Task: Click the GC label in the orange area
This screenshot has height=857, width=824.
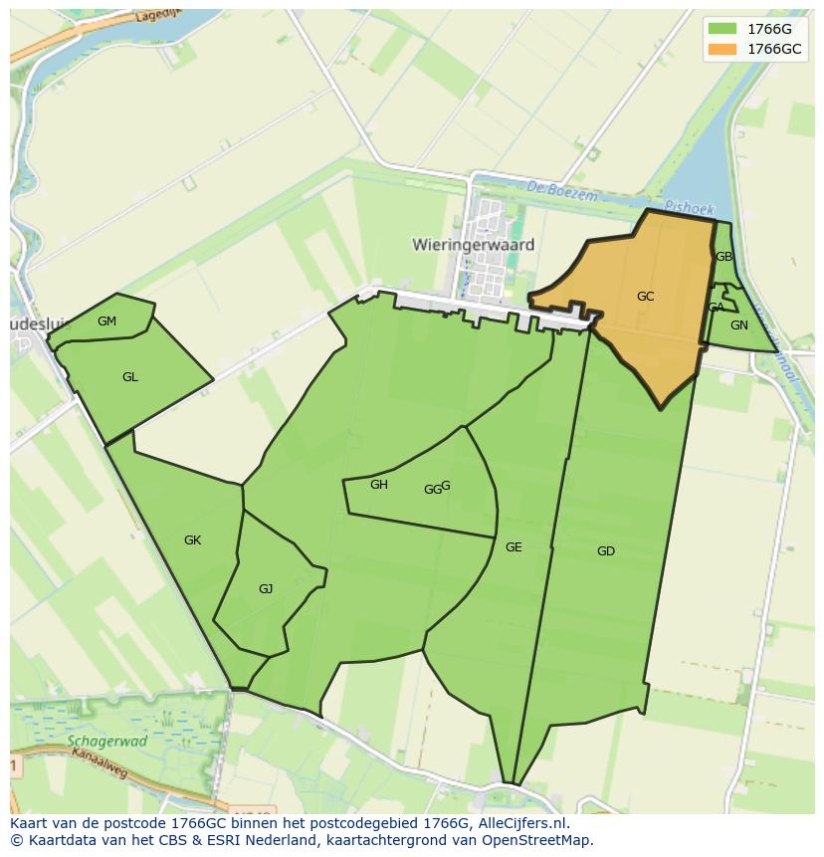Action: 645,297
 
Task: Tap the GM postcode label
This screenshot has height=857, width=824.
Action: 106,321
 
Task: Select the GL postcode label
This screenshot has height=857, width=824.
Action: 129,377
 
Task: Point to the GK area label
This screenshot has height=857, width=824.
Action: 192,540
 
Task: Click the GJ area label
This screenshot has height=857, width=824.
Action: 265,589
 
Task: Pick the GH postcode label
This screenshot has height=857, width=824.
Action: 378,485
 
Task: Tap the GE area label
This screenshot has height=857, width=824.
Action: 513,547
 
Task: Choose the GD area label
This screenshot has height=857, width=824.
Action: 605,551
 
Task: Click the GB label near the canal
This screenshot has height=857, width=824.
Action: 723,257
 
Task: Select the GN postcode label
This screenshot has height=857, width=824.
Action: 738,325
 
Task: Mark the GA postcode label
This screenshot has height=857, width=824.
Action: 716,308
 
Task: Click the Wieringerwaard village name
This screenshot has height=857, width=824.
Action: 473,245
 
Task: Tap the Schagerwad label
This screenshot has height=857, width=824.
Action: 107,742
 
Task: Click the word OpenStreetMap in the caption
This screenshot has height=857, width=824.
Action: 536,840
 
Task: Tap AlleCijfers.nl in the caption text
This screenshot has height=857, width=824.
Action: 521,824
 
